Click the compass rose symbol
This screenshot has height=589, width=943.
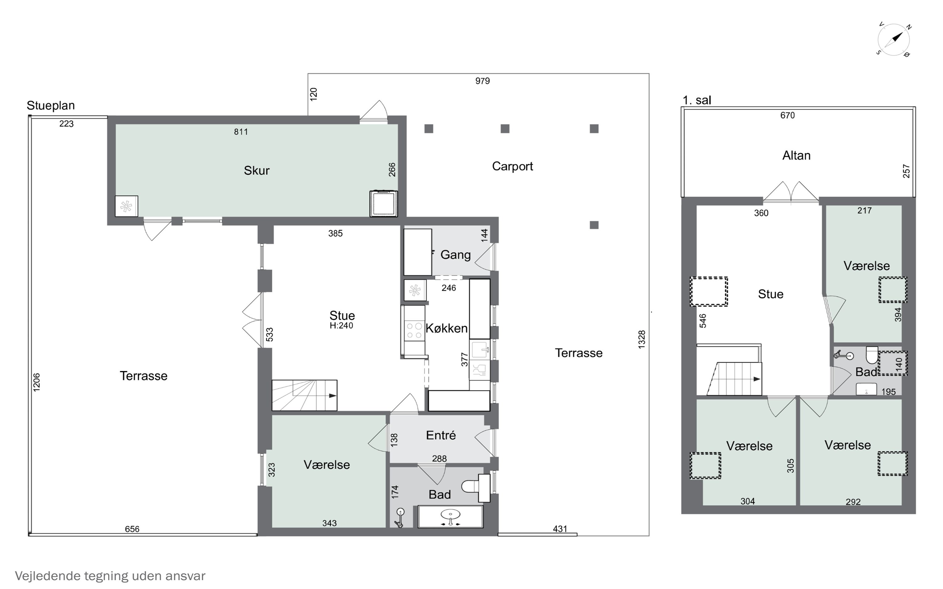tap(894, 40)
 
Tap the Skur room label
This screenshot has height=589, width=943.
tap(256, 170)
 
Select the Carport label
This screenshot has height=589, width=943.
tap(512, 166)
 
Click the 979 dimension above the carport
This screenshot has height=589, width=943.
tap(483, 81)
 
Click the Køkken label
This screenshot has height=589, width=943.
tap(447, 328)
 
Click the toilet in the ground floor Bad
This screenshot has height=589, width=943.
tap(470, 486)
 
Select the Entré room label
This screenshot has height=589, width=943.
tap(441, 435)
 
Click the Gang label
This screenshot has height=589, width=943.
tap(455, 255)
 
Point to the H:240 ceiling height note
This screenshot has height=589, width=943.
tap(341, 326)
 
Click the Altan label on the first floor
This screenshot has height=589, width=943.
tap(797, 155)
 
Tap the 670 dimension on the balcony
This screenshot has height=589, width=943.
tap(787, 115)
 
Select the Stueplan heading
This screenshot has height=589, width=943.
tap(51, 106)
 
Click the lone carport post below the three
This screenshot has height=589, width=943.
tap(594, 225)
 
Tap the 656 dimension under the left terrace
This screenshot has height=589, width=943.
tap(132, 529)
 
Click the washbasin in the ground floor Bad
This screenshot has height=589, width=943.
tap(450, 516)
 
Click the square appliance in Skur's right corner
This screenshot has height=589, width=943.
tap(383, 203)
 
